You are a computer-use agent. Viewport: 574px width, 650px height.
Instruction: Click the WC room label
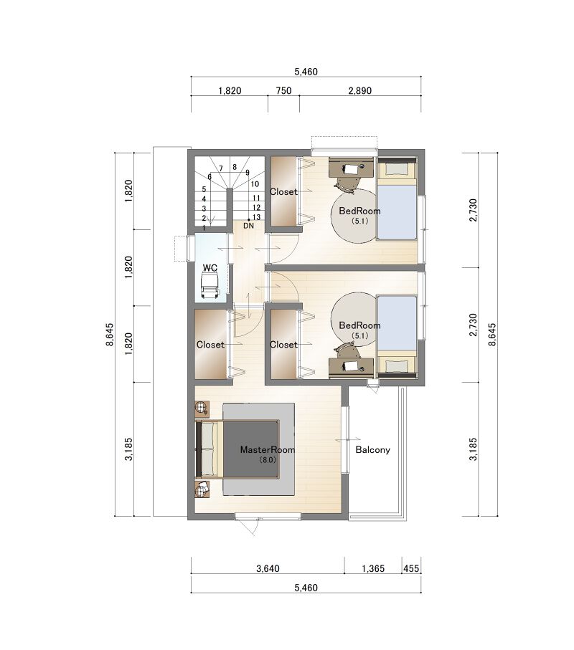coord(210,268)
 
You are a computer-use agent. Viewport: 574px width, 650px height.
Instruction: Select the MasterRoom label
coord(268,450)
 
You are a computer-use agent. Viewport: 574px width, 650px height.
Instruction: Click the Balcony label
coord(372,450)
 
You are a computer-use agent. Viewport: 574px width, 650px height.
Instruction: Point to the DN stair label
coord(248,226)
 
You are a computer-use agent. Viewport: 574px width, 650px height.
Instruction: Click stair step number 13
coord(256,217)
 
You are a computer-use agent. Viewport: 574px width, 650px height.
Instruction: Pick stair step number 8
coord(235,167)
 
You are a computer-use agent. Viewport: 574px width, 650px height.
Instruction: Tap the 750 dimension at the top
coord(284,91)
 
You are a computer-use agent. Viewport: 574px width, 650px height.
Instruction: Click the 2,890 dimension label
coord(360,91)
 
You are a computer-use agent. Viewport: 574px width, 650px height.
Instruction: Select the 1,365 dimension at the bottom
coord(373,569)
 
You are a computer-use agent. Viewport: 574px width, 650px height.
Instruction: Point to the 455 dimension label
coord(411,569)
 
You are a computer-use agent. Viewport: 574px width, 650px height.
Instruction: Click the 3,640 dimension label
coord(268,569)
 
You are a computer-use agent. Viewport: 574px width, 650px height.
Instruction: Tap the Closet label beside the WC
coord(210,345)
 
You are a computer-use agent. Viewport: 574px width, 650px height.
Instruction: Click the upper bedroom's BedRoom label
coord(359,211)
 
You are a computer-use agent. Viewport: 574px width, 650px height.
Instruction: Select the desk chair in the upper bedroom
coord(347,183)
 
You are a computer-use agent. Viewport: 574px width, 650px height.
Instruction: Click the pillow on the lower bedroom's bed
coord(396,366)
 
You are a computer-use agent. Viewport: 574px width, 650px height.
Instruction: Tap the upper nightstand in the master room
coord(202,408)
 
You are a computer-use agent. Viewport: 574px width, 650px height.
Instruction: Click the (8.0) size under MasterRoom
coord(268,459)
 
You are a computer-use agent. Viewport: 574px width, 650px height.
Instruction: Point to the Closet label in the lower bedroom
coord(283,345)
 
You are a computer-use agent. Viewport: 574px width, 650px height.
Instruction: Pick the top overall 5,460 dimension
coord(306,72)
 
